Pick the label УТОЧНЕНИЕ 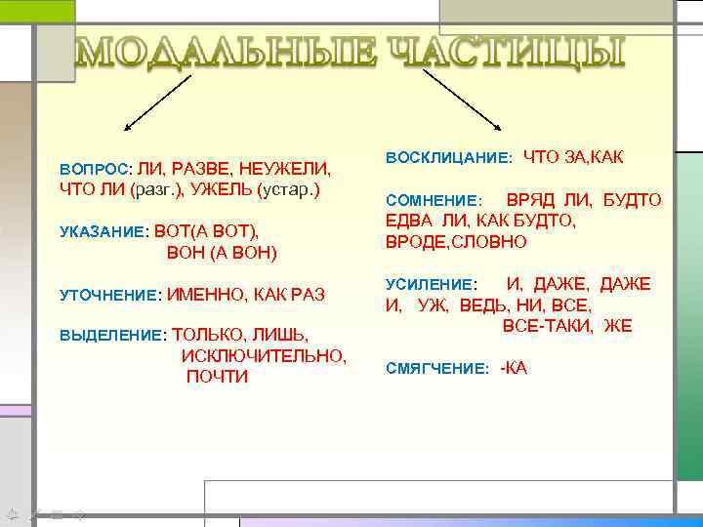(x=108, y=294)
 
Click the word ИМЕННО (x=206, y=293)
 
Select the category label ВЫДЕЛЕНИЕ (x=112, y=336)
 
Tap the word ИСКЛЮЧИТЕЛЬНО (x=264, y=356)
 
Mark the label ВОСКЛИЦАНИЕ (x=448, y=157)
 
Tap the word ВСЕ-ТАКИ (x=547, y=326)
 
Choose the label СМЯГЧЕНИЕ (x=436, y=369)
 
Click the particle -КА (x=514, y=368)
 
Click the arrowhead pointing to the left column (x=125, y=129)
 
